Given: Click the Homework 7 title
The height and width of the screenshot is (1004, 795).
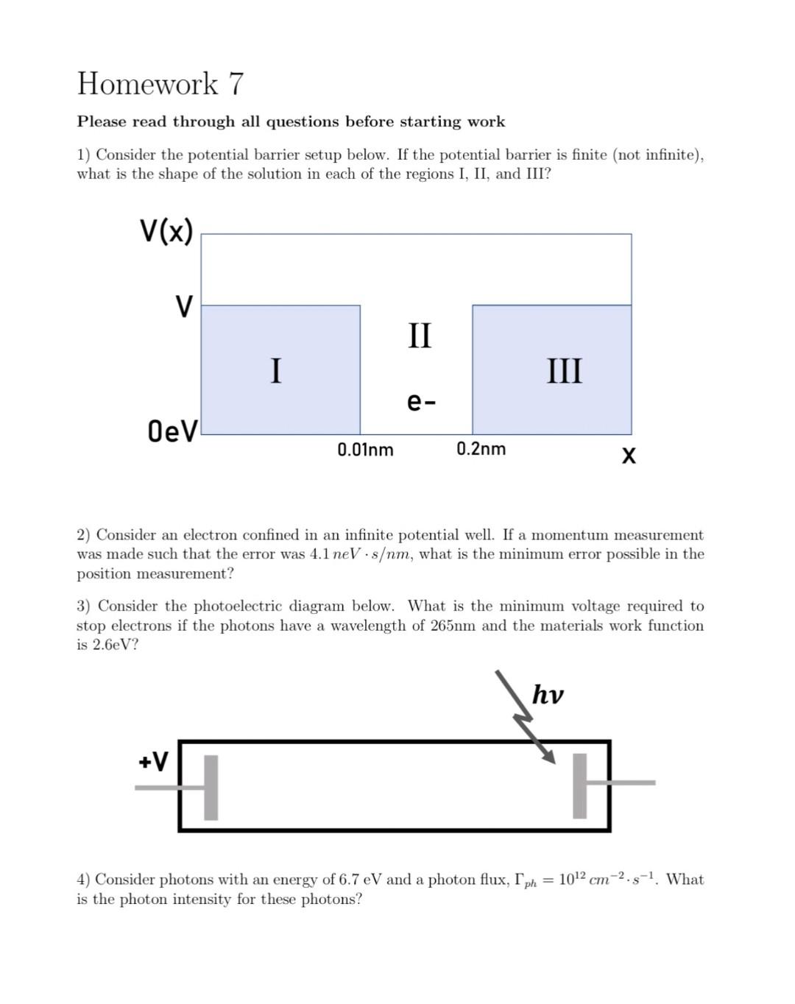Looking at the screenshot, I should [x=160, y=84].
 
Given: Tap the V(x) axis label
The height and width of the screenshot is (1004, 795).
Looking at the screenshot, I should [x=166, y=231].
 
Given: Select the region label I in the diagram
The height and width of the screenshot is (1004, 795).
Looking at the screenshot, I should [x=275, y=370].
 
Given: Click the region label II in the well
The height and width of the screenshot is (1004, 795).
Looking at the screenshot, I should [x=420, y=335].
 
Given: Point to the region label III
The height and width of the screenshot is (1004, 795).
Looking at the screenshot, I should [x=565, y=370].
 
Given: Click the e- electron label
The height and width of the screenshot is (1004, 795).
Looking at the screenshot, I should [x=421, y=402].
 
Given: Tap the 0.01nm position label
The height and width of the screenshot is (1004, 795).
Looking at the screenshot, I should [x=365, y=449].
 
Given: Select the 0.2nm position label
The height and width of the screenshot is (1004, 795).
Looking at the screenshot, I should [x=481, y=448].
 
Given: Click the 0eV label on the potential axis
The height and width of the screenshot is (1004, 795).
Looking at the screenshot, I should [x=172, y=431].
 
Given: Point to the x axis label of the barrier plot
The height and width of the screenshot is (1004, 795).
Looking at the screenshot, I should [x=628, y=456].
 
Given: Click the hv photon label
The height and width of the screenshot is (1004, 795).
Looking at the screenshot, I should [x=548, y=694].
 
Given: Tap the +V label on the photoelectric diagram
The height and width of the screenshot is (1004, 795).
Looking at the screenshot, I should [x=153, y=761].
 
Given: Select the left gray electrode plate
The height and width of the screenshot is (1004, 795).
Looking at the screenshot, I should [x=211, y=787].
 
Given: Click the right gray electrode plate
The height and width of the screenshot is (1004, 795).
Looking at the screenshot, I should [x=580, y=785].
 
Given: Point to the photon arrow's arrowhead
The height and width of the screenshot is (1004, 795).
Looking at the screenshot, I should [x=548, y=758].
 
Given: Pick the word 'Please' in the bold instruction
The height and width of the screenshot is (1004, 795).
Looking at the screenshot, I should [x=99, y=121].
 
